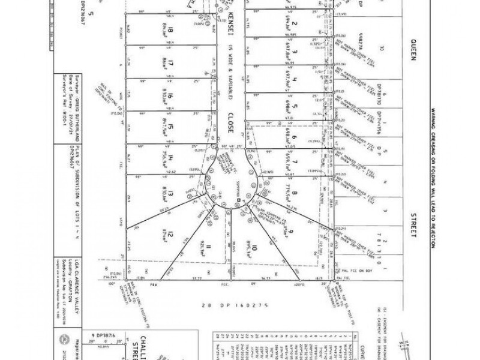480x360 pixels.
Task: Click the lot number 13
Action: (x=171, y=193)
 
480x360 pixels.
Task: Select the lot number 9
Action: (x=289, y=232)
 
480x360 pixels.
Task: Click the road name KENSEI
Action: (x=233, y=25)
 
